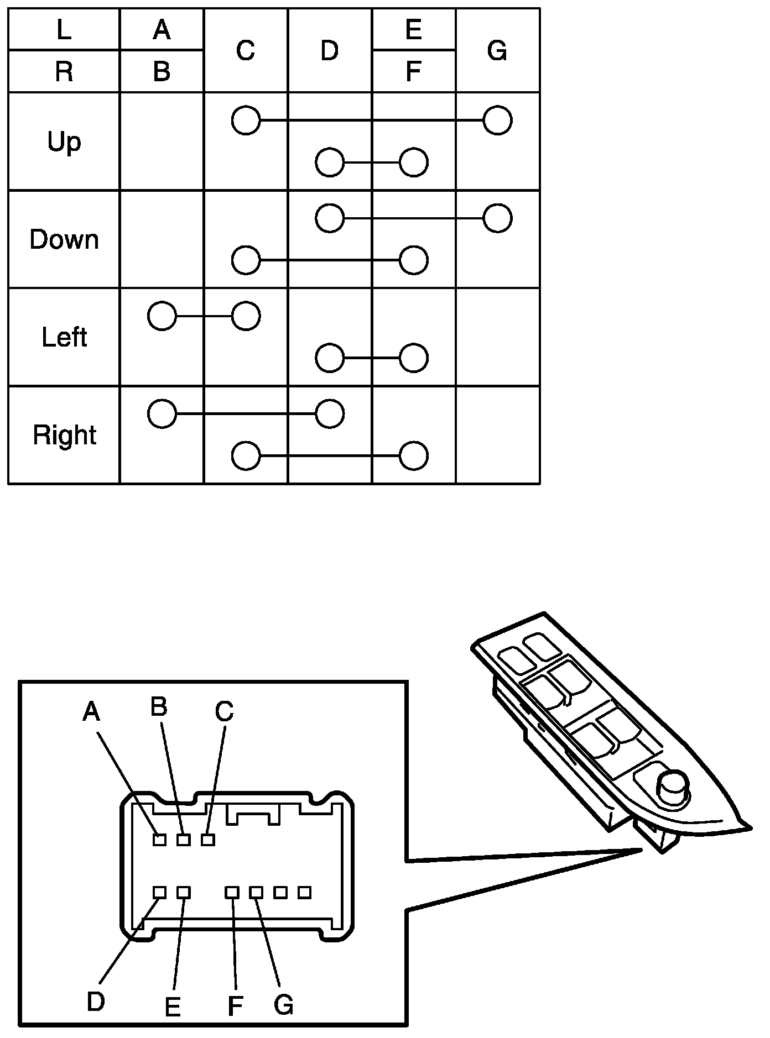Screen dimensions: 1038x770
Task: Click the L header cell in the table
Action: tap(64, 30)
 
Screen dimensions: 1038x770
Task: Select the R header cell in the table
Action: tap(64, 71)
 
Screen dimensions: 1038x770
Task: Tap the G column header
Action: tap(497, 50)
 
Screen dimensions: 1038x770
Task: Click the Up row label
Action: tap(64, 141)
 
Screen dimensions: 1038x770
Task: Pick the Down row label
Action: tap(64, 239)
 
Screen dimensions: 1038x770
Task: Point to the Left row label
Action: tap(64, 337)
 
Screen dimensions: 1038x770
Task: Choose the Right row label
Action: tap(64, 435)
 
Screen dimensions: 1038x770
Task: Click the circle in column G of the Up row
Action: tap(497, 120)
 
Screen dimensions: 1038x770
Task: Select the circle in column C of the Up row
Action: tap(246, 120)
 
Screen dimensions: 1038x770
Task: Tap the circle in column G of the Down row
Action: tap(497, 218)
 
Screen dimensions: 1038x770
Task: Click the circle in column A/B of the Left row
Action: tap(162, 316)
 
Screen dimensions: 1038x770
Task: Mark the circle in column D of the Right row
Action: tap(330, 413)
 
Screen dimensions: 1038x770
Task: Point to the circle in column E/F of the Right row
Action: tap(413, 456)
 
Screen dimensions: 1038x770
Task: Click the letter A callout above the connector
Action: tap(91, 711)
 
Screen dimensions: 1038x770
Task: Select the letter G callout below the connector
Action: tap(283, 1004)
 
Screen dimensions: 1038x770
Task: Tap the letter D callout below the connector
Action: tap(96, 1001)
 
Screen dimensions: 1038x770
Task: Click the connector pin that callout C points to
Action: tap(208, 840)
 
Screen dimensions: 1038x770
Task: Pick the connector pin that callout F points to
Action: tap(232, 892)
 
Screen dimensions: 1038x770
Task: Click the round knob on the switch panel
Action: tap(673, 784)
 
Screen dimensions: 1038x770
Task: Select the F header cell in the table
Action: tap(413, 71)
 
